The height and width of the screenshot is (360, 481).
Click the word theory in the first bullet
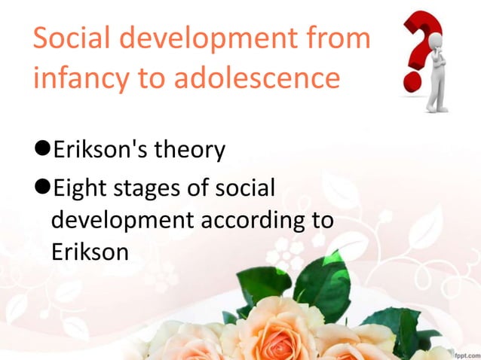(188, 151)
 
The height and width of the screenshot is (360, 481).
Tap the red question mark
(423, 41)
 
